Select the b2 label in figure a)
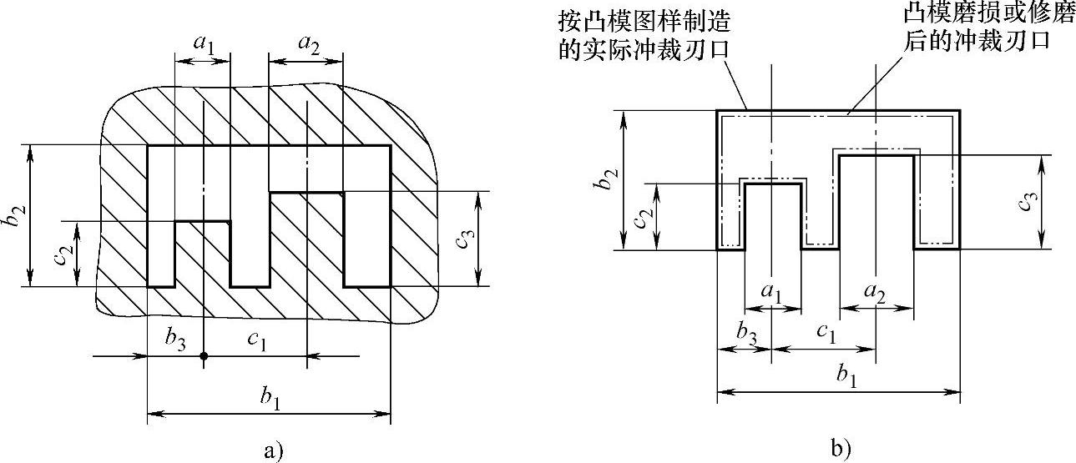(x=16, y=215)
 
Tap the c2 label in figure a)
(x=63, y=254)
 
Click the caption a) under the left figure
(x=273, y=451)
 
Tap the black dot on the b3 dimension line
(x=204, y=356)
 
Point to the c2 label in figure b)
(x=640, y=216)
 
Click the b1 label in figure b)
(x=838, y=377)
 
